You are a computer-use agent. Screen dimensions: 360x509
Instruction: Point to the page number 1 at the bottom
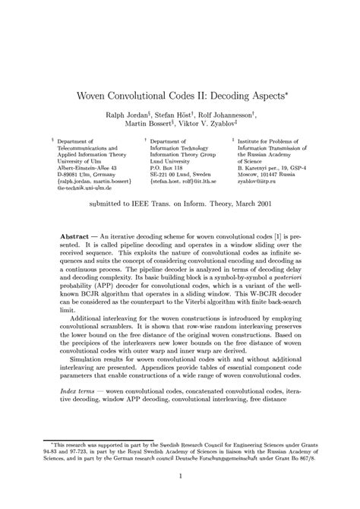coord(179,476)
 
